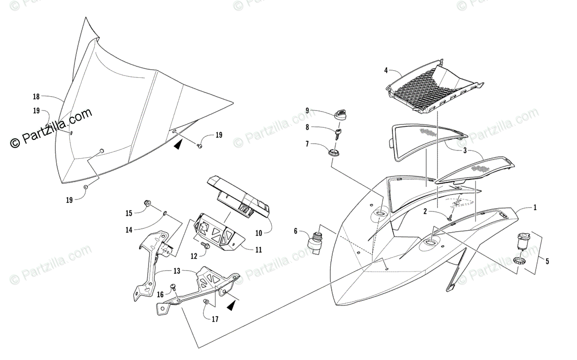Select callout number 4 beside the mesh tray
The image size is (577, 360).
(x=386, y=71)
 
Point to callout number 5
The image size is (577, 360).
(x=547, y=261)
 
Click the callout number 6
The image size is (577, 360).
(x=296, y=231)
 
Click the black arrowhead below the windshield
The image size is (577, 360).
(x=179, y=144)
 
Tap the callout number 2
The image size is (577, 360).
(x=425, y=211)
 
